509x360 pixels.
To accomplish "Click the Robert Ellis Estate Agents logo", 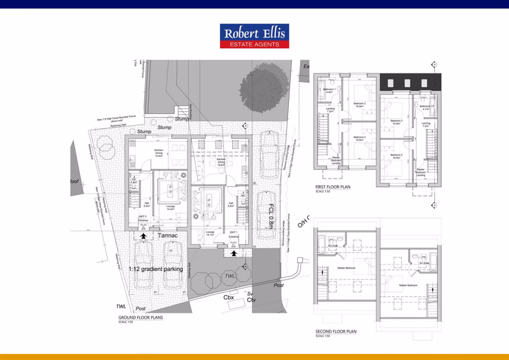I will (254, 36).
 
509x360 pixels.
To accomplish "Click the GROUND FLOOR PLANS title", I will (140, 318).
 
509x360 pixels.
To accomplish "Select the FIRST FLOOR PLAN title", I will (333, 188).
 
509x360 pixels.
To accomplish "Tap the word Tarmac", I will (168, 236).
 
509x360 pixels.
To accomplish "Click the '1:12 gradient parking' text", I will (156, 269).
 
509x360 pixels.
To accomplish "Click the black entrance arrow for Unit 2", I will (143, 236).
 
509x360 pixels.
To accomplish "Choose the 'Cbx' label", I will (228, 297).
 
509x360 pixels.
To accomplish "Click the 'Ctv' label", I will (251, 300).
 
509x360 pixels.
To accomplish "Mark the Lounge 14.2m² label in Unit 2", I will (171, 207).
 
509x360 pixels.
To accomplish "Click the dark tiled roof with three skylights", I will (411, 83).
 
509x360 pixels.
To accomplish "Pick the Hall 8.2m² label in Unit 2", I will (146, 205).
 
